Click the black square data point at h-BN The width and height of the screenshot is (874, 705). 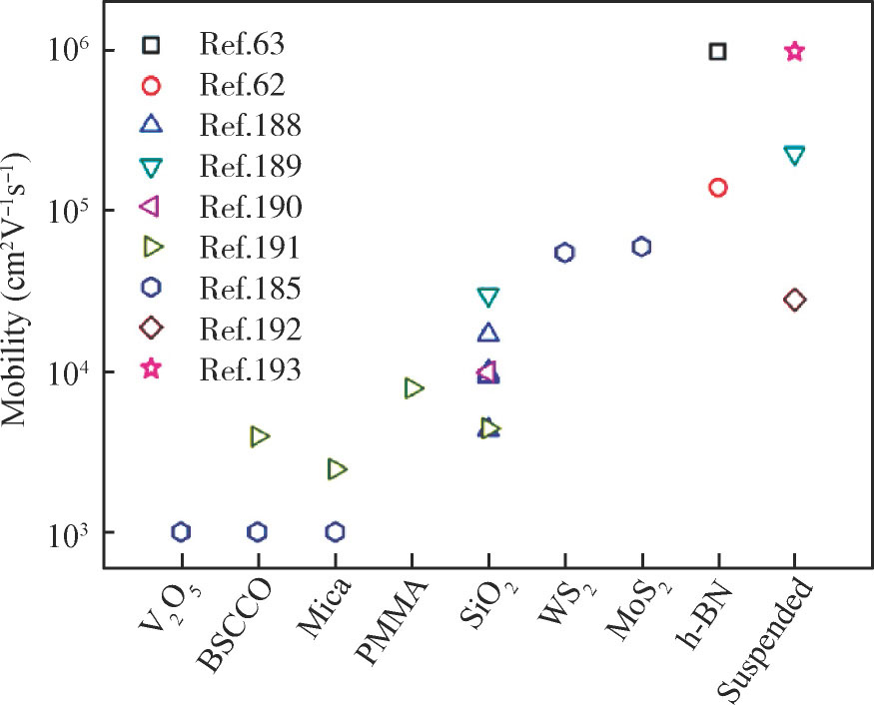tap(717, 51)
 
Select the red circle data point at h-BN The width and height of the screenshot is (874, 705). tap(717, 187)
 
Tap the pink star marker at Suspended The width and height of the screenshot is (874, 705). tap(794, 51)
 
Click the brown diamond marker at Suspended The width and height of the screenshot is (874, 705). tap(794, 300)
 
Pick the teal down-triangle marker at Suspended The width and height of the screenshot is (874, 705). tap(794, 156)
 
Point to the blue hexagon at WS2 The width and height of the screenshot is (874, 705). tap(564, 253)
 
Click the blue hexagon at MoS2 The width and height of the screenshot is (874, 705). tap(641, 247)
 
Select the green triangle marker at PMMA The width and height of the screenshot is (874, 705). tap(414, 388)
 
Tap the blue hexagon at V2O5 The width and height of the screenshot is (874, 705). tap(181, 531)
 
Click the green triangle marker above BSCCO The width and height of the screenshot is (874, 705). tap(260, 436)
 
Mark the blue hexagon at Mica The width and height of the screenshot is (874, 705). tap(336, 531)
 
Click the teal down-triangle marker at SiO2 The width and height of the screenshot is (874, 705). tap(488, 297)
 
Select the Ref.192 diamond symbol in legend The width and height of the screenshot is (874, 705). tap(151, 329)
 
